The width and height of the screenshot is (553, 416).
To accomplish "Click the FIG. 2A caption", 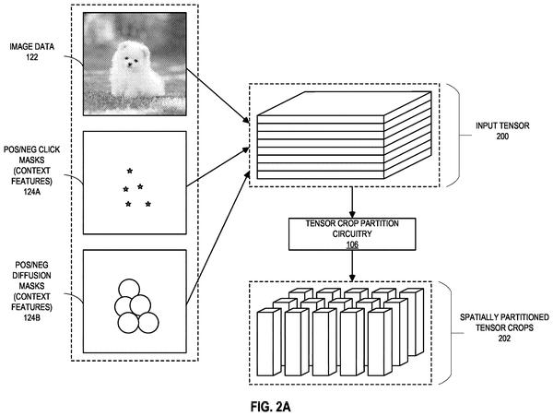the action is coord(270,407).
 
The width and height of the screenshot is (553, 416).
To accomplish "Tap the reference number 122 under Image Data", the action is coord(31,57).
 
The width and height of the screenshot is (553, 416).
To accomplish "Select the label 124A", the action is coord(31,192).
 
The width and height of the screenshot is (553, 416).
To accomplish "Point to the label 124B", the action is coord(31,317).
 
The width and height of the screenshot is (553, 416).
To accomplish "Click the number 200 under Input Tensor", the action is coord(502,137).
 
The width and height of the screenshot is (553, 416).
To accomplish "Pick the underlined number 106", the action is coord(352,244).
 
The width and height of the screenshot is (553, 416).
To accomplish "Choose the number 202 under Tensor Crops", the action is coord(504,339).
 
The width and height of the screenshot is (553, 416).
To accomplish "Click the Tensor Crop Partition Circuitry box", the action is coord(352,234).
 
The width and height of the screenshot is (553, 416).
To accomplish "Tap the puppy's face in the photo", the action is coord(131,59).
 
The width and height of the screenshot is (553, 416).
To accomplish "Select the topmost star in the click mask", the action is coord(130,172).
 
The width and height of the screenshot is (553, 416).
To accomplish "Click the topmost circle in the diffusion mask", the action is coord(129,289).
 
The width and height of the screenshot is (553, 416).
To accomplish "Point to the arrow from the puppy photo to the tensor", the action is coord(218,96).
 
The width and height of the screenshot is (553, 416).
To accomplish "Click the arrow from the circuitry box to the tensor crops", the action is coord(352,266).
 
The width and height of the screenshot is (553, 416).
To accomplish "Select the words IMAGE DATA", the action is coord(32,46).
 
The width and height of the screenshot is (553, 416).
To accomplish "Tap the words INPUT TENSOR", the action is coord(502,125).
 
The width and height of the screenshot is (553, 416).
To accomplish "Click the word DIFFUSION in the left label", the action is coord(31,276).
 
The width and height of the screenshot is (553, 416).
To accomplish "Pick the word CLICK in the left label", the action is coord(51,150).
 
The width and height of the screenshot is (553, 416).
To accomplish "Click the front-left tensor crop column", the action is coord(270,342).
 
